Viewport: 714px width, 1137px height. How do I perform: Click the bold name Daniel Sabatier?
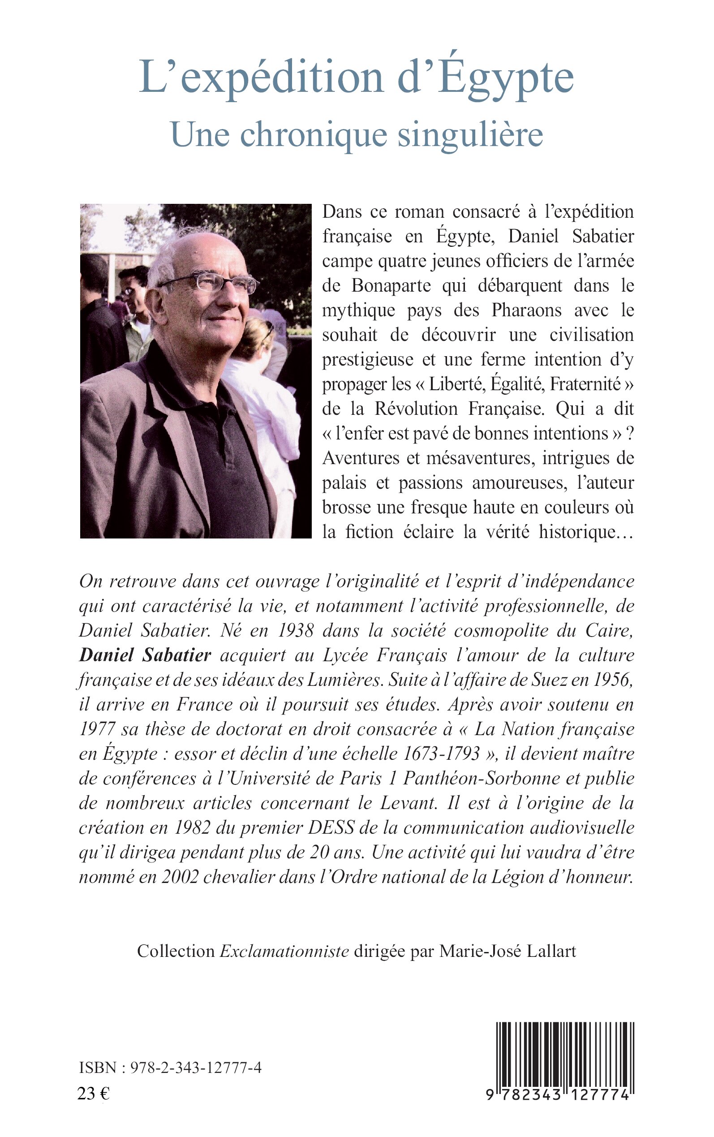click(x=145, y=655)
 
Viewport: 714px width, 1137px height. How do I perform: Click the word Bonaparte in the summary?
click(x=391, y=286)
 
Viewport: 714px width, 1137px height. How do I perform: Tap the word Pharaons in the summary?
click(x=526, y=310)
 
